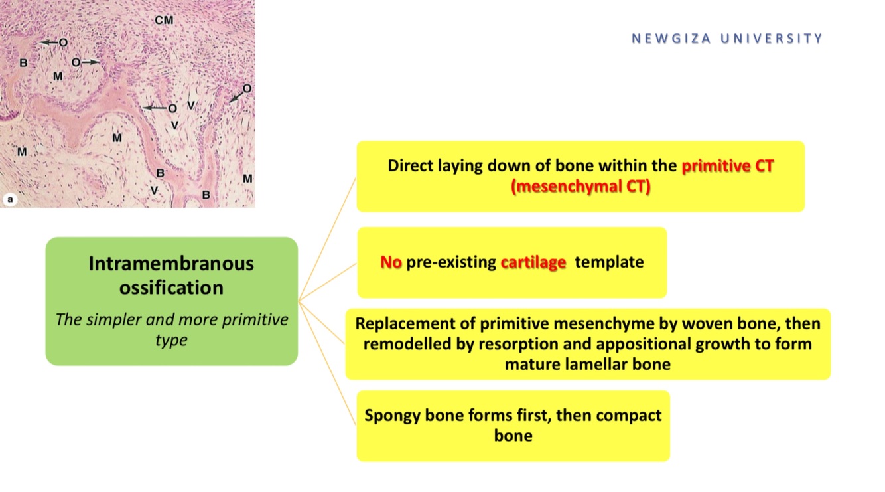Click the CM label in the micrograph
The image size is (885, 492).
(x=164, y=21)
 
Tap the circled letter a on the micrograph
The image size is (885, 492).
(x=10, y=198)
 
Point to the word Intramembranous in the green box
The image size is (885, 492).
(x=171, y=264)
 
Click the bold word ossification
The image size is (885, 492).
(x=171, y=288)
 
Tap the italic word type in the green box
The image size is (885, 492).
(x=171, y=341)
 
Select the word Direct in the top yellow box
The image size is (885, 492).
(x=411, y=165)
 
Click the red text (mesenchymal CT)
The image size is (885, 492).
(x=580, y=187)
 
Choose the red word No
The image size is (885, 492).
(x=391, y=262)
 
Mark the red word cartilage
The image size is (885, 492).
(x=533, y=262)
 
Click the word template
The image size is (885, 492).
(x=609, y=262)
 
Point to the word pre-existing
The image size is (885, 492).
(x=451, y=262)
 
